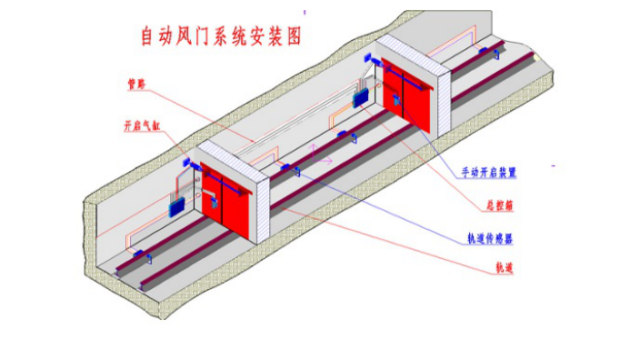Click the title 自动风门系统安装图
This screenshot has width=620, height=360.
coord(219,36)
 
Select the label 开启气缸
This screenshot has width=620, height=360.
coord(144,126)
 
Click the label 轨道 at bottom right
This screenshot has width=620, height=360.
coord(505,268)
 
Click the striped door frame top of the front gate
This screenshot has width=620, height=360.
coord(232,155)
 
